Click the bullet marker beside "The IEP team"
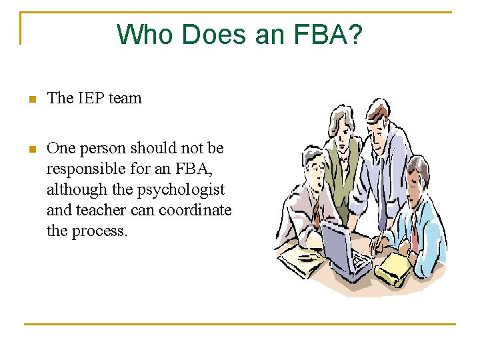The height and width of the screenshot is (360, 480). [x=30, y=99]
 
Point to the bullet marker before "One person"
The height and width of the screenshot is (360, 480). [x=30, y=149]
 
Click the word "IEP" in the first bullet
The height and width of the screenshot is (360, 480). [x=91, y=98]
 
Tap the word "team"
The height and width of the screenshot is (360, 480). [x=125, y=98]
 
